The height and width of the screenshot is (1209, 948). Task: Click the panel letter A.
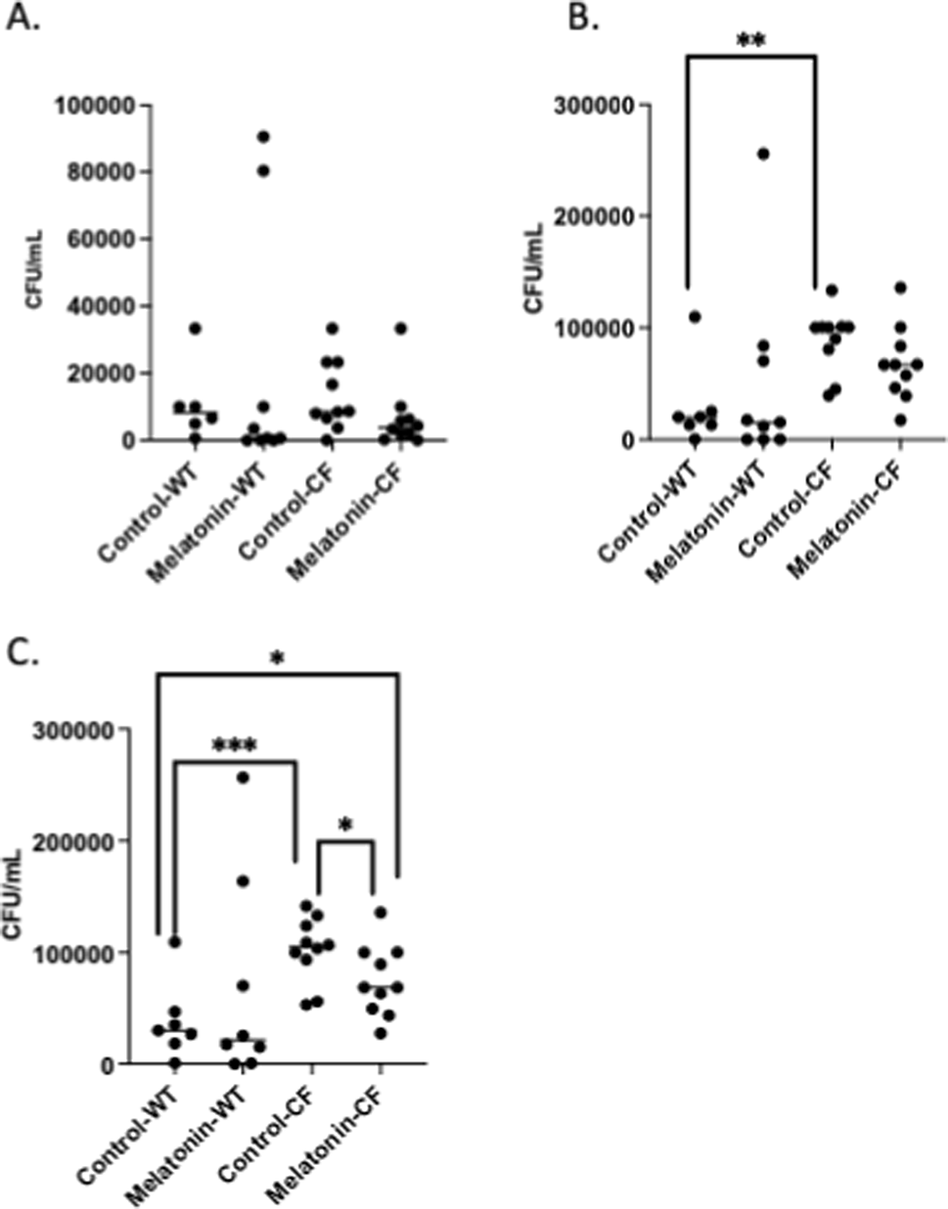[23, 19]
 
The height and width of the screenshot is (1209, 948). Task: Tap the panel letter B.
[583, 19]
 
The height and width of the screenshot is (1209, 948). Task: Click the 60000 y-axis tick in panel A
[106, 239]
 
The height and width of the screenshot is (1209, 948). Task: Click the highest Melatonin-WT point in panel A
[263, 136]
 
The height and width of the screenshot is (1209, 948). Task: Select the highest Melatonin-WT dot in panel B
[763, 154]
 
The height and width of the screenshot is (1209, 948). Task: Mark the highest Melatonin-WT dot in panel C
[243, 777]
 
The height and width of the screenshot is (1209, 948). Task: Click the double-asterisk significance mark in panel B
[751, 41]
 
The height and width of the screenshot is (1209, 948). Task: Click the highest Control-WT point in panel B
[695, 316]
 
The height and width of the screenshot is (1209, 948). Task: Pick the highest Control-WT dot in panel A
[195, 328]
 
